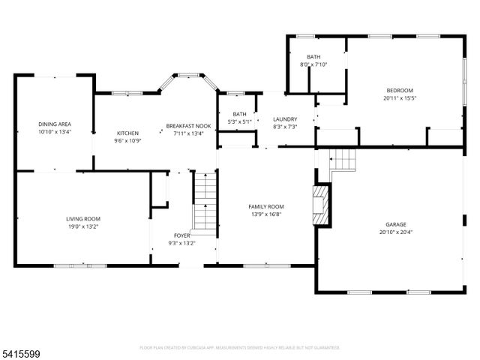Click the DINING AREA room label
point(54,124)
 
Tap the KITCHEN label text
point(127,133)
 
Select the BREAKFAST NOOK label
point(188,126)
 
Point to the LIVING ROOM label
point(83,218)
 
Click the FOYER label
point(183,235)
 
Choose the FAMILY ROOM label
point(266,206)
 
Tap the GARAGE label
point(396,224)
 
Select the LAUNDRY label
point(285,119)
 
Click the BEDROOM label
point(399,90)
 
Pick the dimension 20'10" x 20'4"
point(396,232)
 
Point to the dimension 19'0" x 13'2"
point(83,226)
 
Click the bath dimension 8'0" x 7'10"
point(314,64)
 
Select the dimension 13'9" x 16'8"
point(266,214)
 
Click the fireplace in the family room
point(322,203)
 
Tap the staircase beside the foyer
point(204,201)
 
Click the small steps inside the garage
point(342,159)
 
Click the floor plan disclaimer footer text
point(240,347)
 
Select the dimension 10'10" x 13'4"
point(54,131)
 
